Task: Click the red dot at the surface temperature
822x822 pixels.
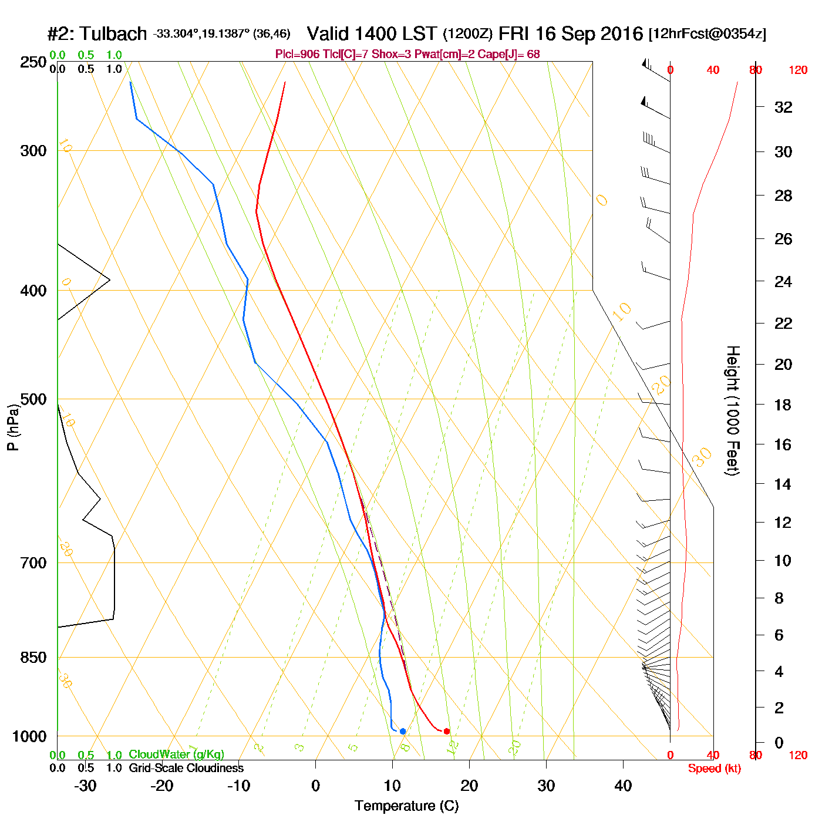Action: [x=447, y=731]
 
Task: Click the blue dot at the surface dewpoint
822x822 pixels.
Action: [x=403, y=731]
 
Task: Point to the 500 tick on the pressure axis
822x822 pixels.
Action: [x=33, y=399]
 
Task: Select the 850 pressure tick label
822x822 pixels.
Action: [x=33, y=658]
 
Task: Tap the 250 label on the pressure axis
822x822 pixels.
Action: [x=33, y=62]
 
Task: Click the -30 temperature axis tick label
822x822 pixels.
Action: [x=85, y=786]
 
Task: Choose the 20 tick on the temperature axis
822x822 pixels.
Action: [x=469, y=786]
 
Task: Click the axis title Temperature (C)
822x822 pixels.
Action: [x=406, y=806]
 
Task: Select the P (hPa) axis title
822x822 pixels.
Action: [x=13, y=427]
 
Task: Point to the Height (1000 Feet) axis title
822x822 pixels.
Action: [x=733, y=410]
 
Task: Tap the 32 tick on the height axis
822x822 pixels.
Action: [x=783, y=107]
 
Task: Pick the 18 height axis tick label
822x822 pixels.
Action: [x=783, y=405]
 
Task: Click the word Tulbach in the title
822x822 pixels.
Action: [x=113, y=34]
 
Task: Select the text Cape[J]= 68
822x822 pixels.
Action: [x=511, y=55]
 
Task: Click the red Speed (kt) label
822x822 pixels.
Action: [x=715, y=769]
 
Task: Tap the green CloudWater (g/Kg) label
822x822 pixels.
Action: [x=177, y=754]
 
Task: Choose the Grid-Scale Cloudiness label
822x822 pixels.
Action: [x=186, y=768]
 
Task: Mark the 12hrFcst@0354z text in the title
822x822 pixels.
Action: [x=708, y=34]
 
